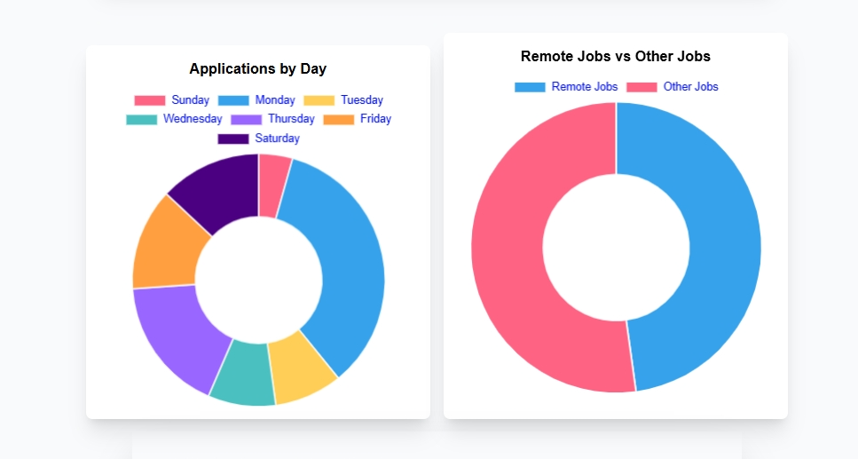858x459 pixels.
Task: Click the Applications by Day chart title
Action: point(258,69)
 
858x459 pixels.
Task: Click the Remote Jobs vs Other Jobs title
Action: point(616,57)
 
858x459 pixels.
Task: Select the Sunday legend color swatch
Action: point(150,100)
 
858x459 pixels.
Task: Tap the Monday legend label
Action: point(275,100)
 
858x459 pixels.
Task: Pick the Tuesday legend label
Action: point(362,100)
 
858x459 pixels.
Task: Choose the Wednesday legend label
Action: point(193,119)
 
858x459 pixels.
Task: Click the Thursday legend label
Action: point(291,119)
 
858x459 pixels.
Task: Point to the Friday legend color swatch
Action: point(338,119)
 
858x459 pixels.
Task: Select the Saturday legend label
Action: point(277,138)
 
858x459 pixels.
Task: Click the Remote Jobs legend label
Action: point(585,87)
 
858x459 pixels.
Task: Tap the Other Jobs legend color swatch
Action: point(642,87)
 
